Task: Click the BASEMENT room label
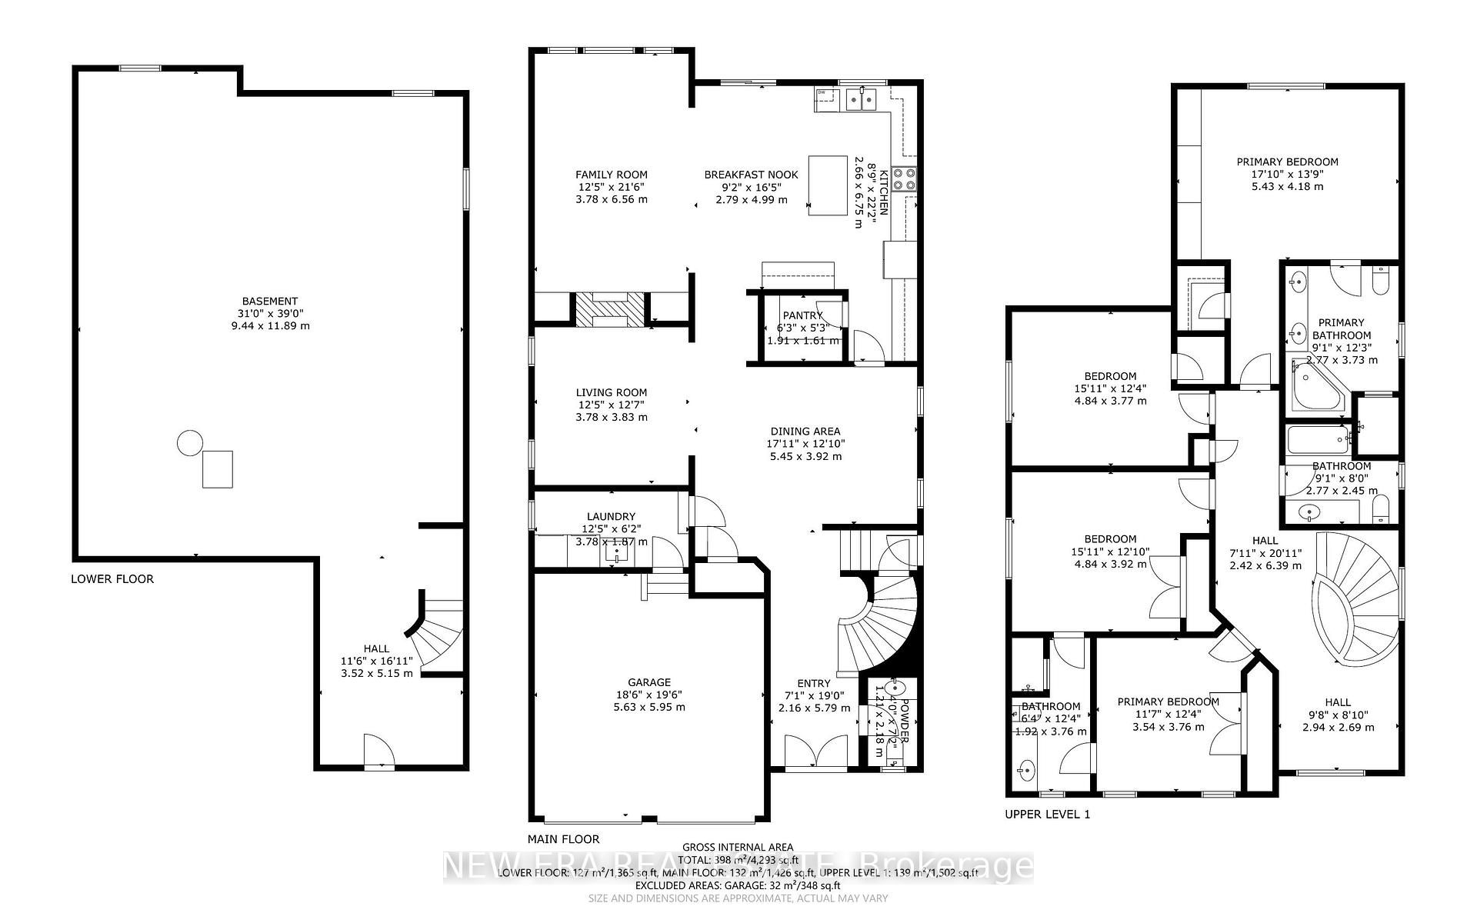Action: click(x=269, y=302)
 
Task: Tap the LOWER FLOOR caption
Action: click(x=112, y=579)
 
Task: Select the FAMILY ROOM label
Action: click(x=612, y=175)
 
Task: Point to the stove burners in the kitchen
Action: click(x=905, y=178)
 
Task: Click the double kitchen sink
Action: click(x=862, y=99)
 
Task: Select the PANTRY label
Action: click(x=802, y=315)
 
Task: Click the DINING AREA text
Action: click(x=805, y=432)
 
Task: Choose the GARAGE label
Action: click(x=649, y=682)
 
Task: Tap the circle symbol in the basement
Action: click(x=189, y=443)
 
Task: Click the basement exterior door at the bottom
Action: click(x=378, y=751)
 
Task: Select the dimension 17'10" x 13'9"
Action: click(x=1287, y=175)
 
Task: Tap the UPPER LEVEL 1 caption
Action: click(x=1047, y=814)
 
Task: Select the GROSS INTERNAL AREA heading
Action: click(x=738, y=848)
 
